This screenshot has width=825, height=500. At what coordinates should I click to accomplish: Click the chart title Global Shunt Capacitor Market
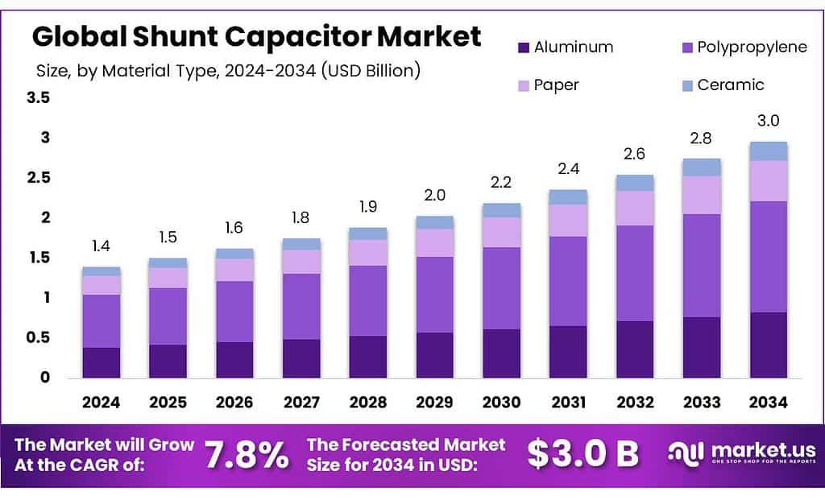pyautogui.click(x=256, y=37)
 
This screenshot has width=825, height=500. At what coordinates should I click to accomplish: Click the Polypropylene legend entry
pyautogui.click(x=740, y=47)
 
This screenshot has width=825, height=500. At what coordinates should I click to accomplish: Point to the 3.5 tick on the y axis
pyautogui.click(x=38, y=98)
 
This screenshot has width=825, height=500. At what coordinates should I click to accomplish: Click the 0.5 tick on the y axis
pyautogui.click(x=38, y=338)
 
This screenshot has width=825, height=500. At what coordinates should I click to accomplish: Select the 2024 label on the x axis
pyautogui.click(x=102, y=402)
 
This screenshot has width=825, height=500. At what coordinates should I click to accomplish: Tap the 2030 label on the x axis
pyautogui.click(x=501, y=402)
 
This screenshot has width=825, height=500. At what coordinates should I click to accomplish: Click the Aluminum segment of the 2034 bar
pyautogui.click(x=769, y=345)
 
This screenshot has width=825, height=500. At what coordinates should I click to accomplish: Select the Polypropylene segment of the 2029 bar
pyautogui.click(x=435, y=295)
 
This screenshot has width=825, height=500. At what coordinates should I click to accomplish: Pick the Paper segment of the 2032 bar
pyautogui.click(x=635, y=208)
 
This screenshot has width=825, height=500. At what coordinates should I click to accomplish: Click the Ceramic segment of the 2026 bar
pyautogui.click(x=234, y=254)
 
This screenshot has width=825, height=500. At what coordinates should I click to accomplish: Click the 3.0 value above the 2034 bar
pyautogui.click(x=769, y=121)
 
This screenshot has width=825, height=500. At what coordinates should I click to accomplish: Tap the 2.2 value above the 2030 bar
pyautogui.click(x=501, y=184)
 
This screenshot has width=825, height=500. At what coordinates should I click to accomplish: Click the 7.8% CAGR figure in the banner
pyautogui.click(x=247, y=456)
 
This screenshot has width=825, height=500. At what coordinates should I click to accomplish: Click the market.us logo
pyautogui.click(x=742, y=455)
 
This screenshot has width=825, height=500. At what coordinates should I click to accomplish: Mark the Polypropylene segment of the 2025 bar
pyautogui.click(x=168, y=316)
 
